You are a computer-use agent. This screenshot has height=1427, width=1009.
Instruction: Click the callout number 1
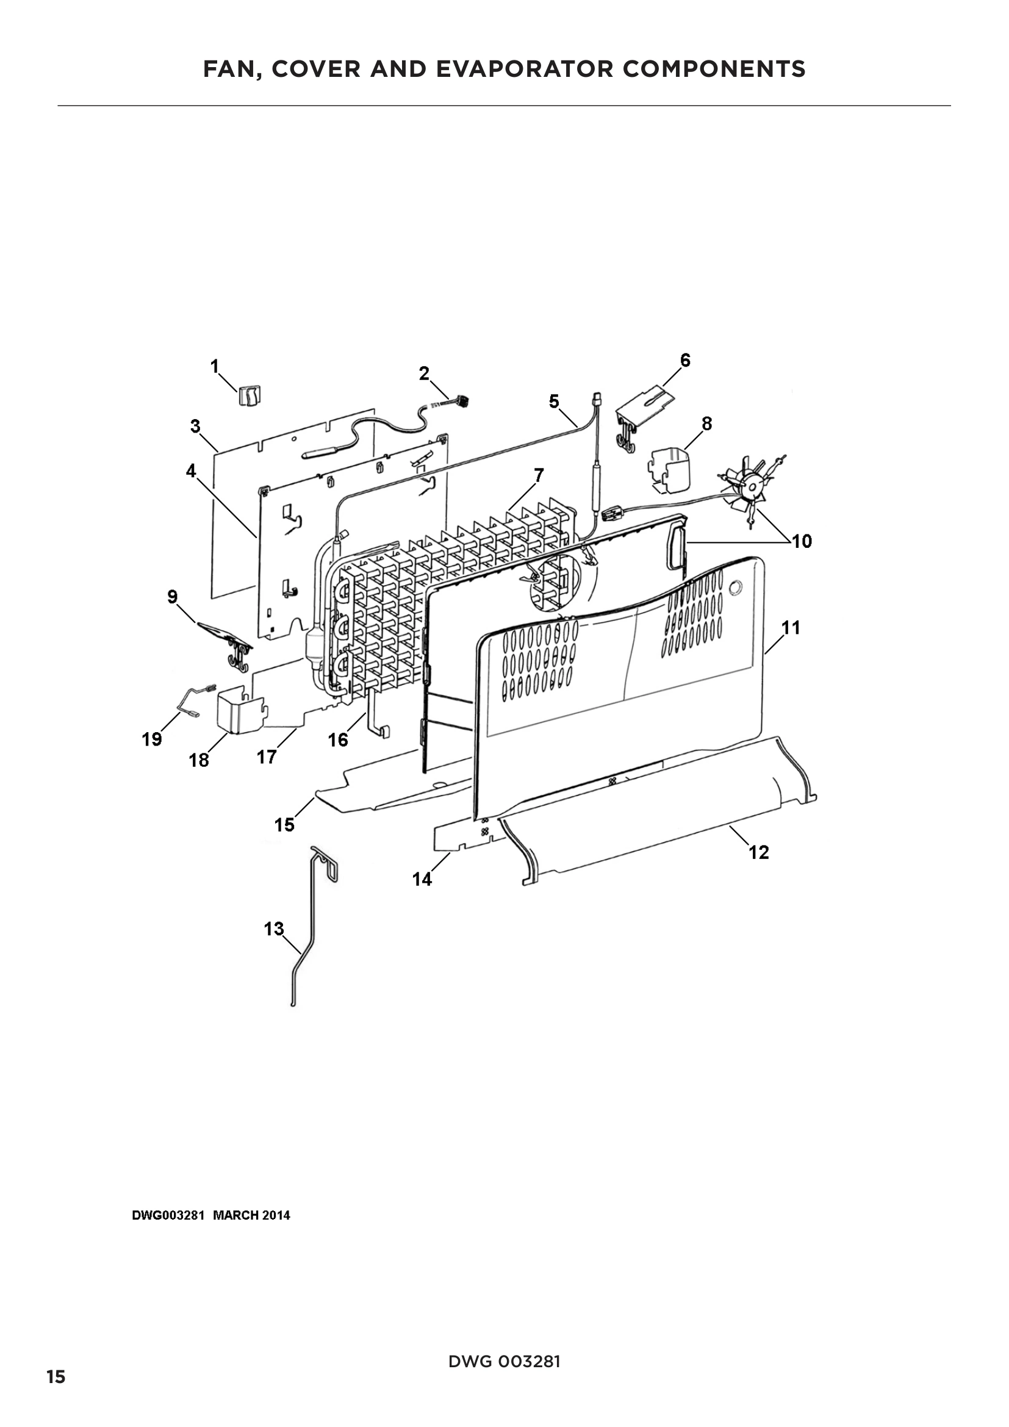point(215,366)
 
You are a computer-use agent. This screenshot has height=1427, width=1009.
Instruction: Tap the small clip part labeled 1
point(250,395)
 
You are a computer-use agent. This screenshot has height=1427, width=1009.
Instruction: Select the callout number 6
point(685,360)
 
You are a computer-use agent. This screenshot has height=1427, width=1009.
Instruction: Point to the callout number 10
point(802,541)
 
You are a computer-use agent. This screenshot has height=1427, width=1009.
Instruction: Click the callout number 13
point(274,929)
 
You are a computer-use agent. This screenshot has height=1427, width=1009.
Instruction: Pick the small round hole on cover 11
point(736,587)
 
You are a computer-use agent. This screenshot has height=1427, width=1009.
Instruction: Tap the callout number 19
point(153,739)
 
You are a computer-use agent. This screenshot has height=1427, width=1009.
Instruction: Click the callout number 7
point(539,475)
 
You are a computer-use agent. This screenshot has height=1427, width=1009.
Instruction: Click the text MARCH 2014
point(251,1215)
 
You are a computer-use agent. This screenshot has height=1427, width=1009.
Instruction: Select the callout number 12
point(759,852)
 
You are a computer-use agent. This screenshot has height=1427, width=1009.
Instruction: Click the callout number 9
point(173,597)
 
